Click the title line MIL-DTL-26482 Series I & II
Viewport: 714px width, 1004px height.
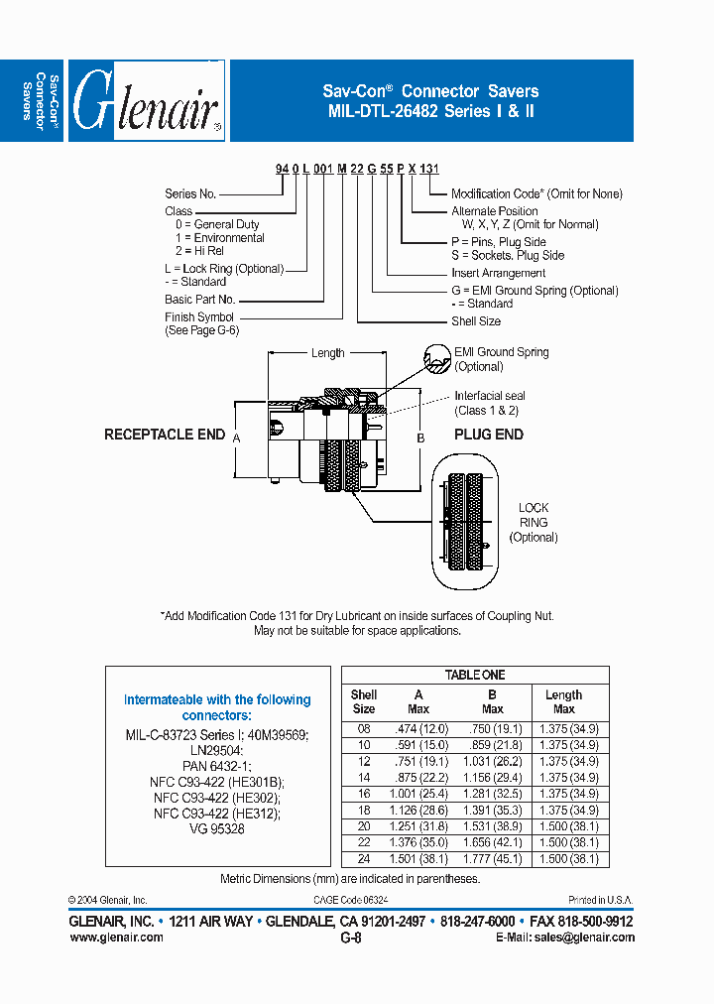click(x=431, y=111)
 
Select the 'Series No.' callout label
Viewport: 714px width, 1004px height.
click(x=190, y=194)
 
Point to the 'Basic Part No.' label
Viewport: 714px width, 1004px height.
click(x=199, y=299)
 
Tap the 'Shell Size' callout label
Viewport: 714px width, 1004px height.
click(x=476, y=321)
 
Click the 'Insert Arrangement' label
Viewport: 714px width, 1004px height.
click(x=498, y=273)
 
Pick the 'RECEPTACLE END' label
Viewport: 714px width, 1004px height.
click(x=165, y=435)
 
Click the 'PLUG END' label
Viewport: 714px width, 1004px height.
click(x=489, y=435)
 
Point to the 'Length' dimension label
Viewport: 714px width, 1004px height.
click(x=327, y=352)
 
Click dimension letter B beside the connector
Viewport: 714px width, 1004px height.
click(x=420, y=438)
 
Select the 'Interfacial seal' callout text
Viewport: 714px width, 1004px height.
click(x=490, y=396)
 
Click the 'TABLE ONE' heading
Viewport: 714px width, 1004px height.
click(x=475, y=675)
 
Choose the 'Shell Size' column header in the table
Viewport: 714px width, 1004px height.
click(x=364, y=702)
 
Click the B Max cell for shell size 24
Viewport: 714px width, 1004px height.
click(x=492, y=859)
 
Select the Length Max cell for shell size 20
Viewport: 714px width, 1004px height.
click(x=564, y=827)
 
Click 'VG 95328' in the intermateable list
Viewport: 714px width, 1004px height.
click(x=216, y=828)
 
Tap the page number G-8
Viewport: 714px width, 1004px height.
click(x=350, y=938)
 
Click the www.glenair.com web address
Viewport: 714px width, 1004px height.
click(x=116, y=938)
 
